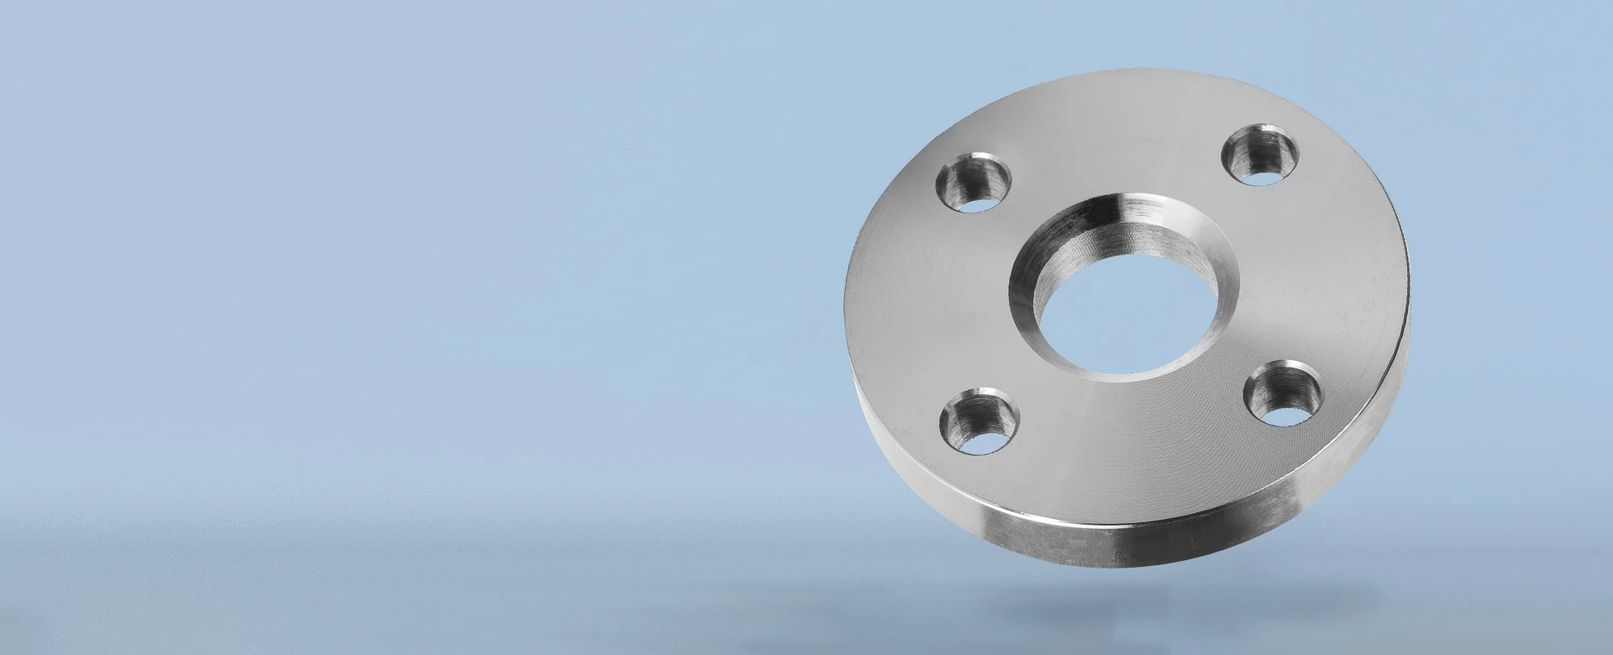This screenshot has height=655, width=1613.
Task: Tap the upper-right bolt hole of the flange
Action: (1259, 155)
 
